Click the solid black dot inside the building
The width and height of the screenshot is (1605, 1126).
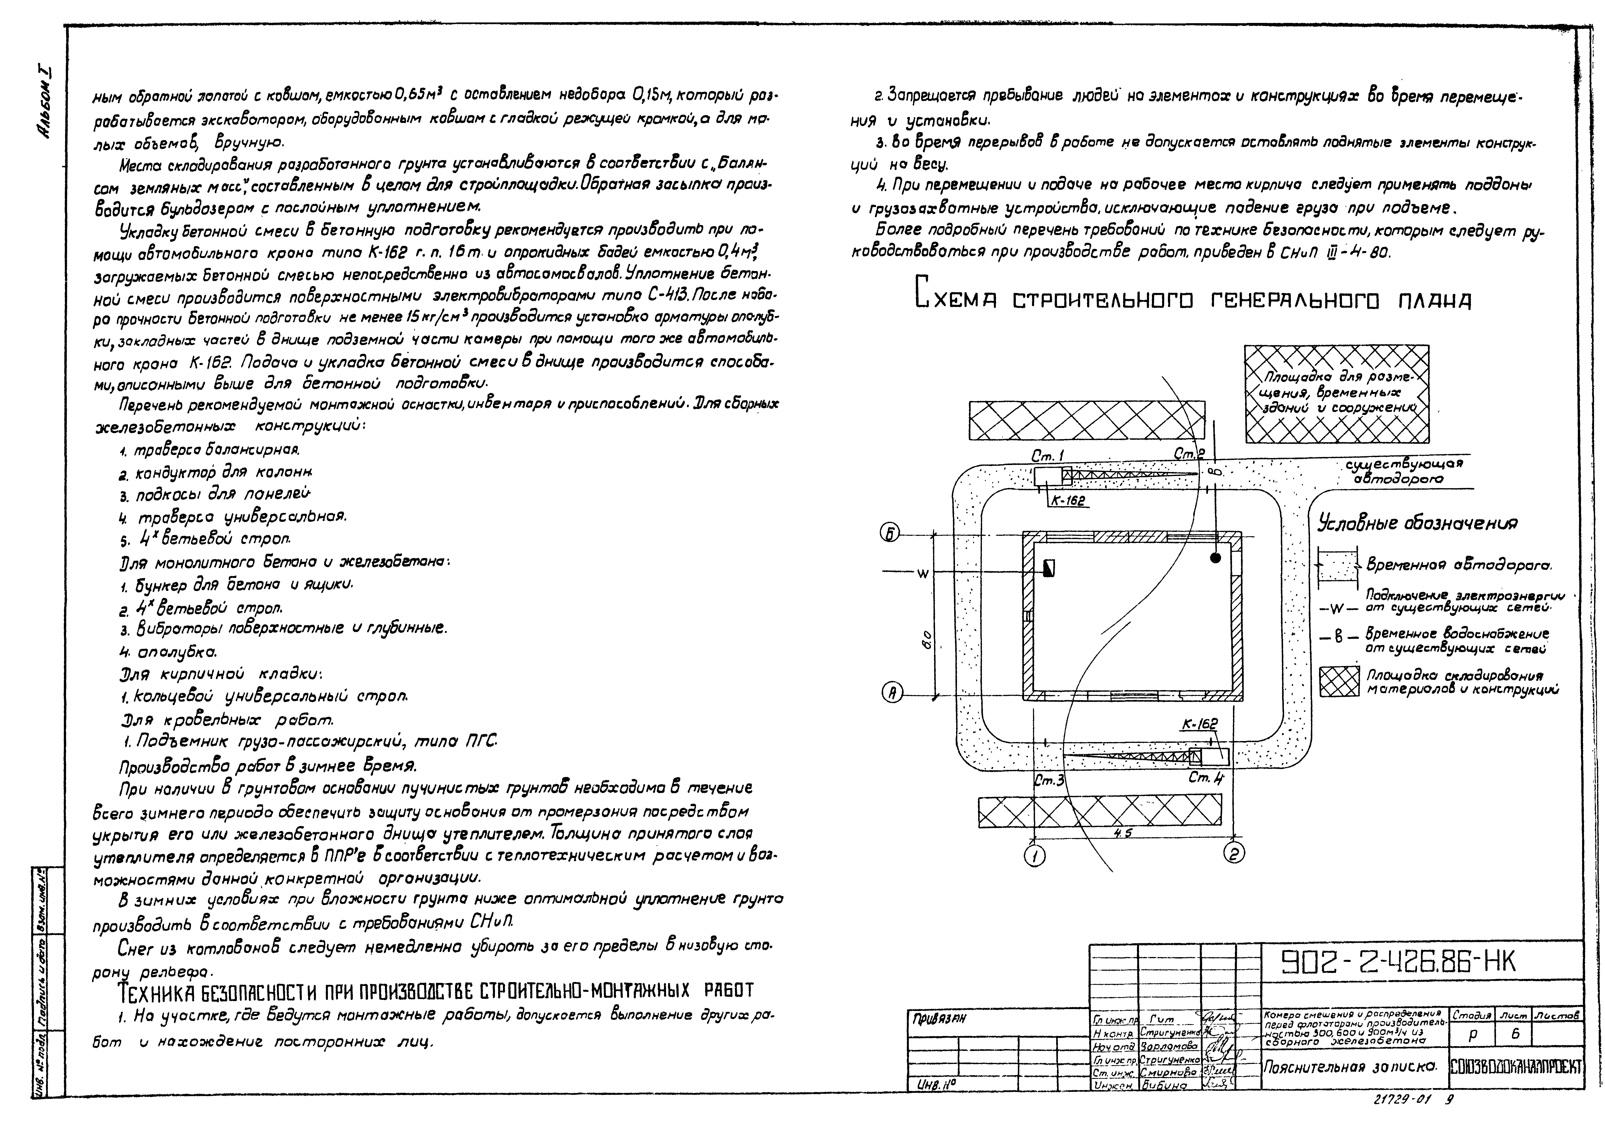coord(1216,557)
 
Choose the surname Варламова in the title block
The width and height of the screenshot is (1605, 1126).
coord(1169,1046)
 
